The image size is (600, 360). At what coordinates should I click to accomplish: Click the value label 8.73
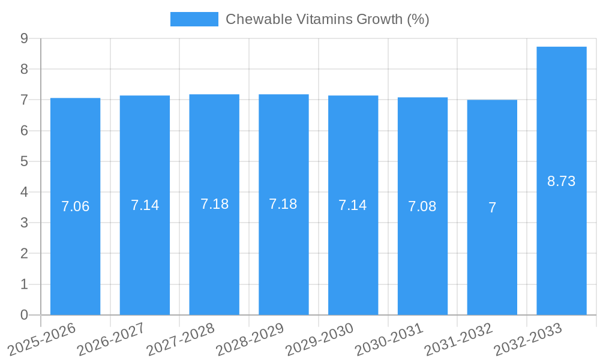click(x=562, y=181)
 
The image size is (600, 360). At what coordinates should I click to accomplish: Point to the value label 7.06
click(x=75, y=206)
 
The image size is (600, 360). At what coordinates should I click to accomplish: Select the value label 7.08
click(x=422, y=206)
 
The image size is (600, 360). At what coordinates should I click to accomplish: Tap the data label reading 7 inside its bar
click(x=492, y=208)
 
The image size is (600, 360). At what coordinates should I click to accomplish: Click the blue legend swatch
click(x=194, y=19)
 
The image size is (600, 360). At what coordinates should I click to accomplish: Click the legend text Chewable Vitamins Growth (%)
click(x=327, y=19)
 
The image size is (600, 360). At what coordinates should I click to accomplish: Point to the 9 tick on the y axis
click(x=24, y=38)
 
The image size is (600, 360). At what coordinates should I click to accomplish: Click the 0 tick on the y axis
click(x=24, y=315)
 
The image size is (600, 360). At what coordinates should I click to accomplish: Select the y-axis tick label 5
click(x=24, y=161)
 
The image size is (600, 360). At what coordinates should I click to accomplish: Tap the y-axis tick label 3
click(x=24, y=223)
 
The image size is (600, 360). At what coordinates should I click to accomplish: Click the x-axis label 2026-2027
click(x=111, y=338)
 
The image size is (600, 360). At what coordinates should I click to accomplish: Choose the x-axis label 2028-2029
click(x=250, y=338)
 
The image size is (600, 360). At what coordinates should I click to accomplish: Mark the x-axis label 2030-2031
click(x=389, y=338)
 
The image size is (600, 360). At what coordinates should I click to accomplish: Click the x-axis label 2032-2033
click(x=527, y=338)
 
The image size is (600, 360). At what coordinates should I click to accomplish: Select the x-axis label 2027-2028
click(x=181, y=338)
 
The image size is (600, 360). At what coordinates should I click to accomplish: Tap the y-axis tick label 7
click(x=24, y=100)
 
